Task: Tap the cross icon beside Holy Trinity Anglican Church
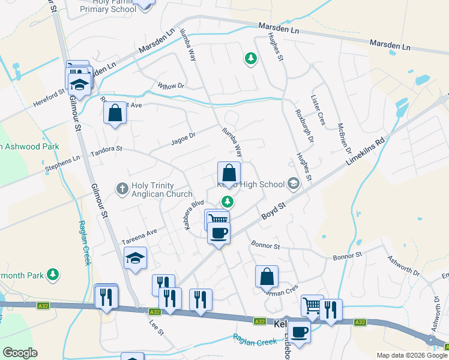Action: pyautogui.click(x=122, y=189)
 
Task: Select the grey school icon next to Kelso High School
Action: pyautogui.click(x=294, y=184)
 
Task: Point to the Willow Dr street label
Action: pyautogui.click(x=171, y=86)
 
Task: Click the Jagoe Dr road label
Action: pyautogui.click(x=183, y=139)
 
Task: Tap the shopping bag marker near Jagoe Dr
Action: pyautogui.click(x=115, y=112)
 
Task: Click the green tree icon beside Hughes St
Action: pyautogui.click(x=250, y=58)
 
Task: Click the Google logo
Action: pyautogui.click(x=20, y=353)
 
